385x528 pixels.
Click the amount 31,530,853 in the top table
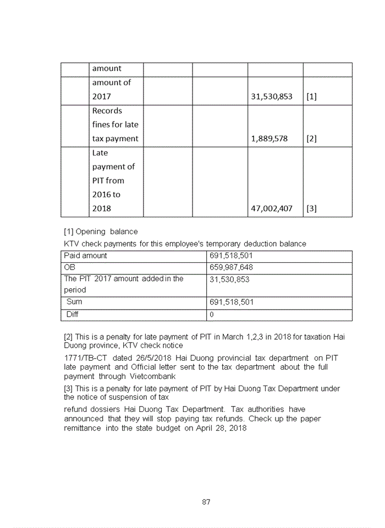pos(272,97)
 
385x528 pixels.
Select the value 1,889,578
pos(269,139)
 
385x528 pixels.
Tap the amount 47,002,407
pos(272,208)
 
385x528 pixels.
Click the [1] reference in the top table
pos(311,97)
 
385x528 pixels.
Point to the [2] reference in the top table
pos(311,139)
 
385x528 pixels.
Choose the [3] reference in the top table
pos(311,208)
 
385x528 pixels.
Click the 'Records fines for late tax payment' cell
pos(115,125)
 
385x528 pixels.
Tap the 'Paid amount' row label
pos(86,256)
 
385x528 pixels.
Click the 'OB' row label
pos(69,267)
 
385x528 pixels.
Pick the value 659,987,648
pos(232,267)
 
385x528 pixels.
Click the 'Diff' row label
pos(73,315)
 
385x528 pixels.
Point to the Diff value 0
pos(212,315)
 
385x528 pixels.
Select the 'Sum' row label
pos(74,302)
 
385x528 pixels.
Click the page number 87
pos(206,502)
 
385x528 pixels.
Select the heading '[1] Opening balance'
pos(101,232)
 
